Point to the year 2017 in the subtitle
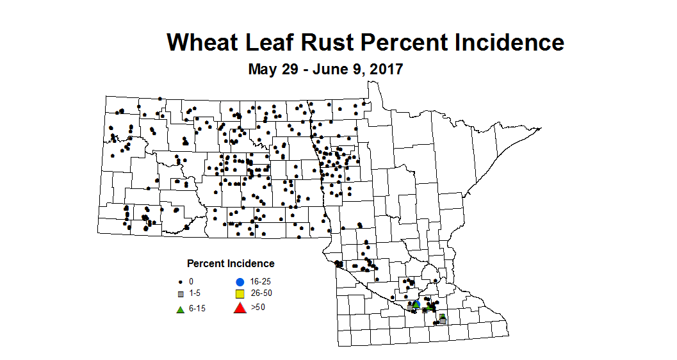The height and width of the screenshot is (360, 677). (386, 69)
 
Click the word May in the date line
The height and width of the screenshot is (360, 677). (263, 69)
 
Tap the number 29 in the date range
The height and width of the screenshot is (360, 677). (290, 69)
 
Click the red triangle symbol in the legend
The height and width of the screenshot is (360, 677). (240, 308)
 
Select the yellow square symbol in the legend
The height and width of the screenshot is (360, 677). (240, 294)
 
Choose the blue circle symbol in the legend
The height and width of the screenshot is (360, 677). (240, 281)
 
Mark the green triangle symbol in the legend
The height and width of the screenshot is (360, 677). (181, 309)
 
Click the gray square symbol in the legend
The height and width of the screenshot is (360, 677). (181, 294)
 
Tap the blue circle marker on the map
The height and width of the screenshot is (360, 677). (416, 304)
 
